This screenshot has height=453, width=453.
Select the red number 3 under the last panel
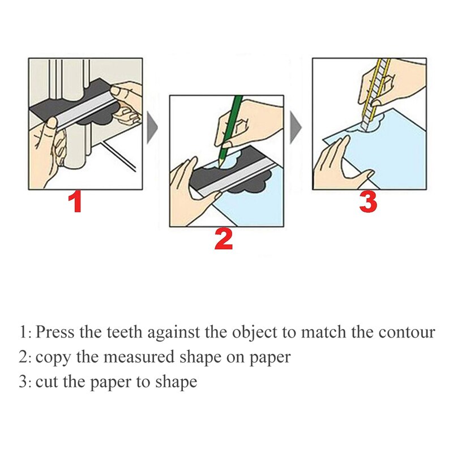pos(368,202)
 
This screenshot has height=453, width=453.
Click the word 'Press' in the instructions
pos(55,332)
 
